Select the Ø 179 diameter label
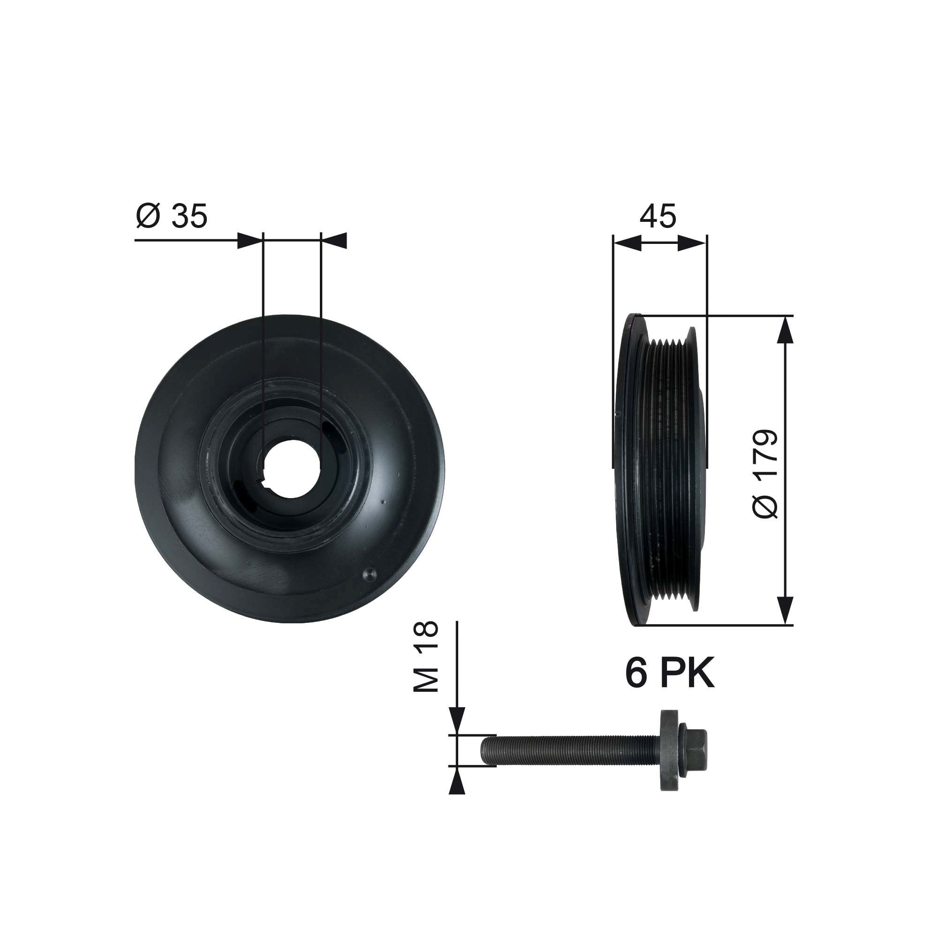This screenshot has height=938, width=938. click(x=766, y=475)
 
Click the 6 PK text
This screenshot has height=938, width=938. click(x=669, y=674)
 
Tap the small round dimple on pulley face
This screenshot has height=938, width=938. click(x=369, y=575)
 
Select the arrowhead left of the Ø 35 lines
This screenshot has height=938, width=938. click(x=250, y=241)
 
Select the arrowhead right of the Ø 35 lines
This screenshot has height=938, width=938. click(x=334, y=241)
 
